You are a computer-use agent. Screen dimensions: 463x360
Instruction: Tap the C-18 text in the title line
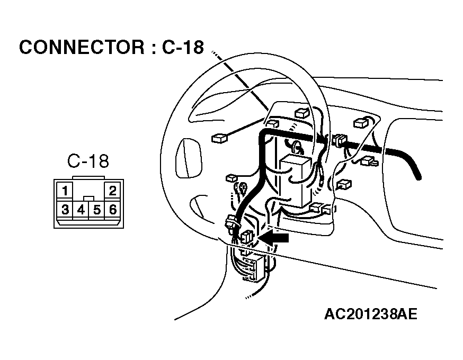(x=183, y=47)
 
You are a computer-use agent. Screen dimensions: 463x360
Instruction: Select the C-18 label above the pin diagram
(x=88, y=161)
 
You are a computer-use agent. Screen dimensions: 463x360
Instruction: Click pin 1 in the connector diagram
(x=65, y=191)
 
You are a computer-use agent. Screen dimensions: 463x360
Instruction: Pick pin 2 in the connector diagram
(x=112, y=191)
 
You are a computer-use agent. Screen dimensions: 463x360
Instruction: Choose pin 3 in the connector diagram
(x=65, y=210)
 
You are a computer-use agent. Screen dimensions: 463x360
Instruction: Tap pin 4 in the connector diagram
(x=81, y=210)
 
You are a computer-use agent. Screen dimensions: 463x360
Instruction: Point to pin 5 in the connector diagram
(x=96, y=210)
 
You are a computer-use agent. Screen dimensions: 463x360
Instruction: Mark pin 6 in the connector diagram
(x=112, y=210)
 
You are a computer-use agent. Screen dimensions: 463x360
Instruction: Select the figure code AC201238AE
(x=371, y=314)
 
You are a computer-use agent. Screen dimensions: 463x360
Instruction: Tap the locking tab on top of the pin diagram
(x=88, y=178)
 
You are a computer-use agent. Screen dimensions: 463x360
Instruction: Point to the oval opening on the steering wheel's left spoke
(x=189, y=158)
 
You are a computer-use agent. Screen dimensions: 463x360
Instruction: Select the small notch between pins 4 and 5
(x=88, y=199)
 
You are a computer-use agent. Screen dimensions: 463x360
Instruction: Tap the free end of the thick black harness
(x=418, y=177)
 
